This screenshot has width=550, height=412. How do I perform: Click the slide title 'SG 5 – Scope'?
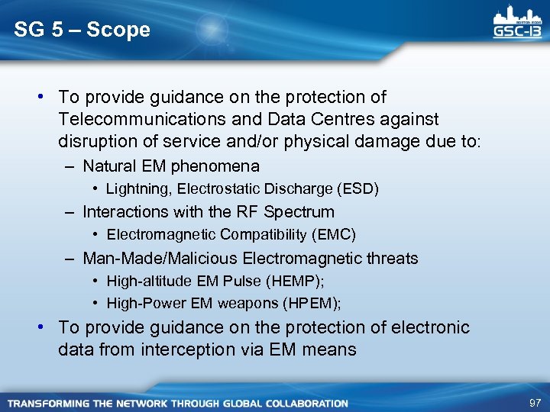(x=82, y=31)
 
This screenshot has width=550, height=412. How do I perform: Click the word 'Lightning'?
(x=135, y=188)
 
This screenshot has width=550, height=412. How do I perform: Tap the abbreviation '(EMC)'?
(x=332, y=234)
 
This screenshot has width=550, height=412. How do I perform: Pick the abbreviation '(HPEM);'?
(x=312, y=304)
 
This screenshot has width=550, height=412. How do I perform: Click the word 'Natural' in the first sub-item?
(x=108, y=166)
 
